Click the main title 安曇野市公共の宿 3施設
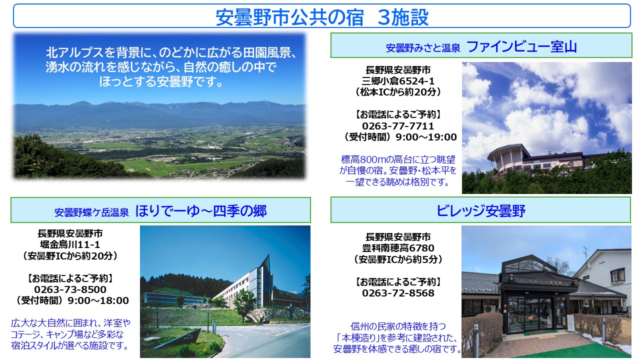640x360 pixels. [322, 17]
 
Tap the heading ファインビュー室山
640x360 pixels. [521, 47]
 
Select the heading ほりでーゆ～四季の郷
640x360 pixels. [201, 211]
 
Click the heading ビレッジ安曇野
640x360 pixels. [480, 211]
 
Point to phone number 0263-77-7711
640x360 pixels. [398, 126]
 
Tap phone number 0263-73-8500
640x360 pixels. [70, 289]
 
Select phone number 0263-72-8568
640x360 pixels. [398, 293]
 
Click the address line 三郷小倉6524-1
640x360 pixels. [398, 81]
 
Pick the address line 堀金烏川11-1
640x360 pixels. [70, 245]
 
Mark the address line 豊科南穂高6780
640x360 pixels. [398, 248]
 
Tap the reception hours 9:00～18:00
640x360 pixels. [98, 300]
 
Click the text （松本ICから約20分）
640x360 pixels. [398, 92]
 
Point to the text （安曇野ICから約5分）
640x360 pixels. [398, 259]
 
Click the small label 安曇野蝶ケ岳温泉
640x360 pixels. [91, 212]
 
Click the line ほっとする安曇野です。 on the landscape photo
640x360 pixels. [161, 82]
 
